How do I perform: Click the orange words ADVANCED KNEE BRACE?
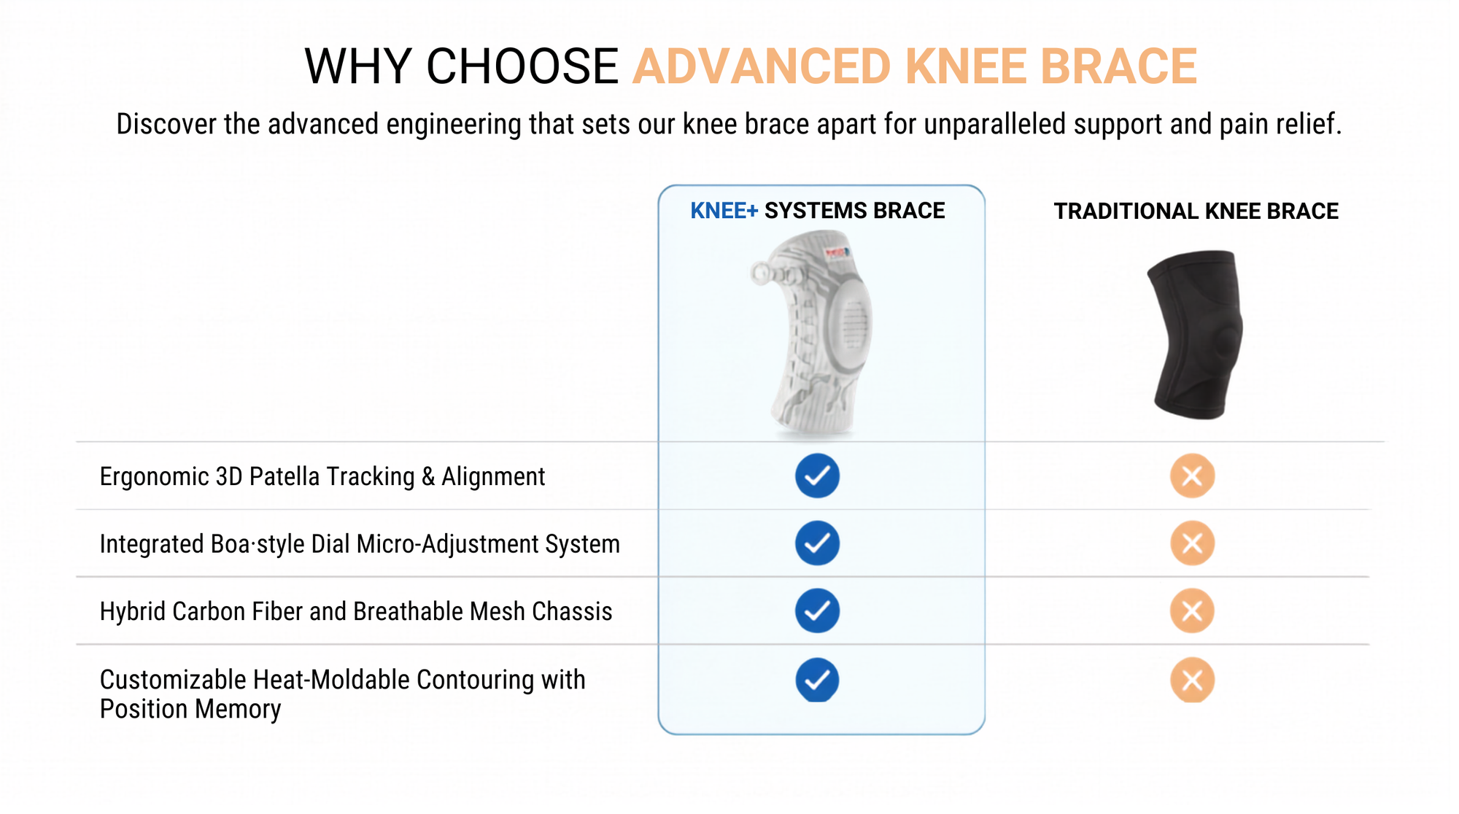click(x=915, y=66)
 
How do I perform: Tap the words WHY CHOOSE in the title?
click(x=461, y=66)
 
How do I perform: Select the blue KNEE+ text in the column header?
click(x=724, y=211)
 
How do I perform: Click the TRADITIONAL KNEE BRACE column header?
click(x=1196, y=212)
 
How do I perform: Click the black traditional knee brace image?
click(x=1195, y=335)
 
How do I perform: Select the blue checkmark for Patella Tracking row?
click(x=817, y=476)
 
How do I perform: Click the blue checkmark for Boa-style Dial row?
click(x=817, y=543)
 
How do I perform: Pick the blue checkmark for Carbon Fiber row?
click(x=817, y=610)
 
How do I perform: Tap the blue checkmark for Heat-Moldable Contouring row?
click(x=817, y=680)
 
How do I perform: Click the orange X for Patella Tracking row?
click(x=1192, y=476)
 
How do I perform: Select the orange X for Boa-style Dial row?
click(x=1192, y=543)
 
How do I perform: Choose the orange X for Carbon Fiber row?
click(x=1192, y=610)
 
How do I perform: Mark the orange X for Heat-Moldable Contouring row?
click(x=1192, y=680)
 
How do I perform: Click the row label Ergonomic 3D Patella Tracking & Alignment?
click(x=322, y=476)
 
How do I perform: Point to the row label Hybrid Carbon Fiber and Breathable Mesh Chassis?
click(x=356, y=611)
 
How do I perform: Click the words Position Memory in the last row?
click(x=190, y=709)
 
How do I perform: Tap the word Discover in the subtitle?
click(x=166, y=124)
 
